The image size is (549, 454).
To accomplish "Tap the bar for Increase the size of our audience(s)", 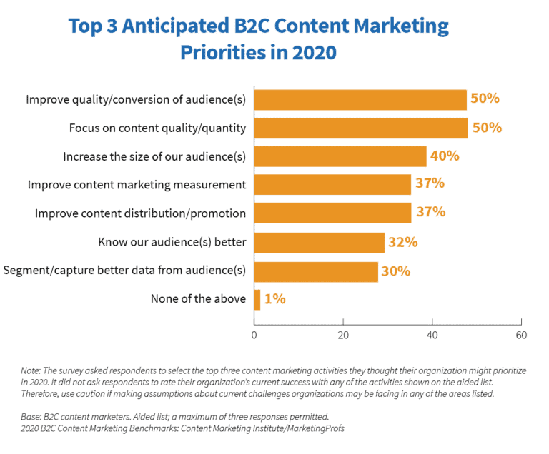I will tap(340, 156).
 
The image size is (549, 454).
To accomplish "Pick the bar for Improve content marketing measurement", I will tap(332, 184).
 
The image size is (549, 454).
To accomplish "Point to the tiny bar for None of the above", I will tap(257, 299).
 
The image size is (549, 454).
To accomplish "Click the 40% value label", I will tap(444, 156).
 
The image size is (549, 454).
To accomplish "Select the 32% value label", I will tap(402, 242).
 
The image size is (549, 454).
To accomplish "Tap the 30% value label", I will tap(395, 271).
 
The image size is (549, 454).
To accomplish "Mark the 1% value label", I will tap(274, 299).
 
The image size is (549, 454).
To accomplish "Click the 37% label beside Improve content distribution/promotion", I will tap(430, 212).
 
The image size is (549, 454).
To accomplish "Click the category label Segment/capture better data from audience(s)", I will tap(125, 271).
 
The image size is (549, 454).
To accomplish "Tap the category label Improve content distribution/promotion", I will tap(141, 213).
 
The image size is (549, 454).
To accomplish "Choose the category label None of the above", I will tap(198, 299).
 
